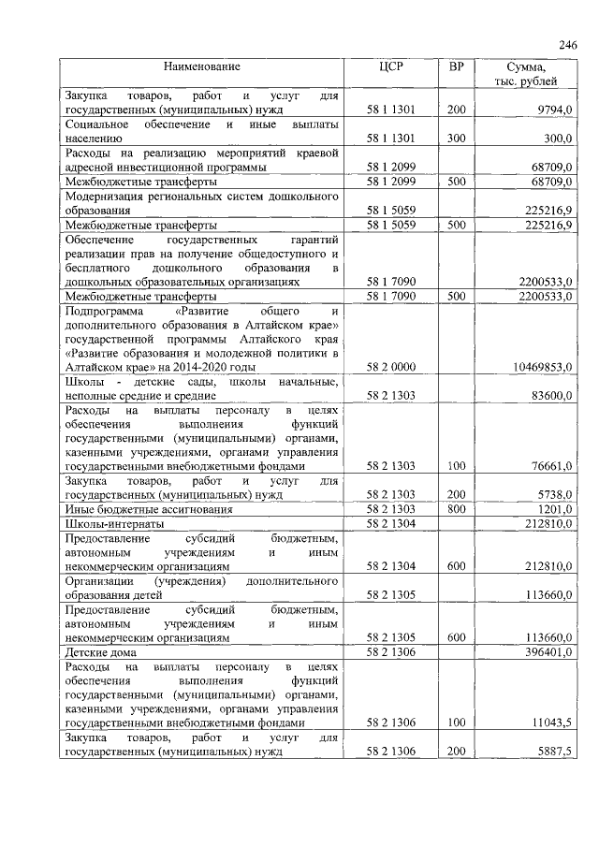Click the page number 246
568,45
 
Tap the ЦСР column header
390,67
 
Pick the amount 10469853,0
540,368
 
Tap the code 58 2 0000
390,368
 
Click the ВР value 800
456,508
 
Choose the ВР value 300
456,139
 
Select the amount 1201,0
553,508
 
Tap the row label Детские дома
101,650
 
